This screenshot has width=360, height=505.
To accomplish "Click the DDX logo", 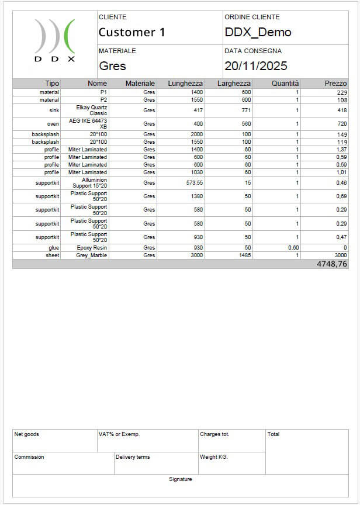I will pyautogui.click(x=55, y=41).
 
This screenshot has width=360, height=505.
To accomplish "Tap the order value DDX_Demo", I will pyautogui.click(x=258, y=32).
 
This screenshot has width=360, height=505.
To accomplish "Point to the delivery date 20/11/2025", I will pyautogui.click(x=256, y=66).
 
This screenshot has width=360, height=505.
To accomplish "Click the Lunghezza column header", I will pyautogui.click(x=185, y=84).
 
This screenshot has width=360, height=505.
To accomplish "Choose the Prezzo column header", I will pyautogui.click(x=335, y=84).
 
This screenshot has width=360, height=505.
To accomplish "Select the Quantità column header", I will pyautogui.click(x=285, y=84).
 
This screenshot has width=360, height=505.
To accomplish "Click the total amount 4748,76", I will pyautogui.click(x=332, y=264).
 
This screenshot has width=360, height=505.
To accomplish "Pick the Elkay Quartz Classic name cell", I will pyautogui.click(x=92, y=110).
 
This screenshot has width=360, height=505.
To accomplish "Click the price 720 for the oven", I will pyautogui.click(x=342, y=124).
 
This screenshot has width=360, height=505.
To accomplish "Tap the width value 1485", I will pyautogui.click(x=244, y=255).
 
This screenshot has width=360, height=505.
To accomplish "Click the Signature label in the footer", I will pyautogui.click(x=180, y=479).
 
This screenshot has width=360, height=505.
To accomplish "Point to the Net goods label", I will pyautogui.click(x=27, y=435).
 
